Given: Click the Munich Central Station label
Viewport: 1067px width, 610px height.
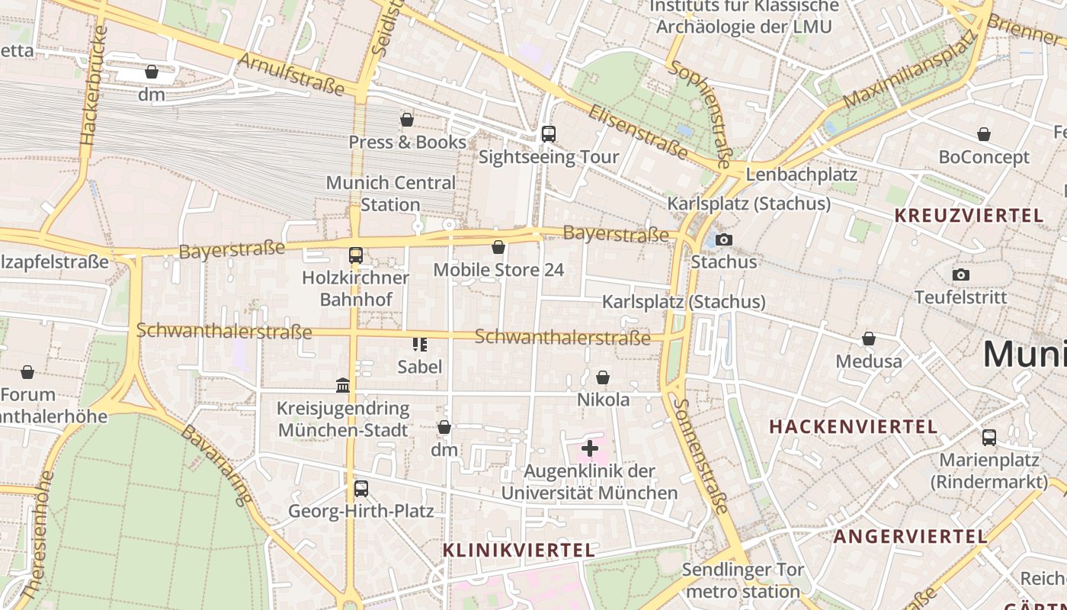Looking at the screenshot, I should click(390, 194).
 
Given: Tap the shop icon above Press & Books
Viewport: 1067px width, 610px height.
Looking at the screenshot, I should click(407, 120).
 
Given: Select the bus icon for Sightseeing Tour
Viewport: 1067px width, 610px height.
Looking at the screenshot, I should click(548, 134).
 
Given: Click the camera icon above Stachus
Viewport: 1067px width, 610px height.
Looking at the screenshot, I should click(724, 239).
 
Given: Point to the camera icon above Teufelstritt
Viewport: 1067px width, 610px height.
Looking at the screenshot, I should click(960, 274).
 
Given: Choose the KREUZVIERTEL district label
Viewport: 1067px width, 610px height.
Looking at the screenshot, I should click(969, 216).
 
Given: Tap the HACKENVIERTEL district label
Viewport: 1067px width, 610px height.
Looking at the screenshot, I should click(853, 426).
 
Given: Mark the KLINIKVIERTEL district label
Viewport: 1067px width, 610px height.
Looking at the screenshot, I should click(518, 550).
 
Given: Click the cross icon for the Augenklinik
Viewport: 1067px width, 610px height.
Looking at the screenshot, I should click(589, 448).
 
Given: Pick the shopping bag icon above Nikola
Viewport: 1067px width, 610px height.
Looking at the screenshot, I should click(603, 377).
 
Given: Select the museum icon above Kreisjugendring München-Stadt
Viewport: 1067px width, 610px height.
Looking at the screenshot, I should click(343, 386).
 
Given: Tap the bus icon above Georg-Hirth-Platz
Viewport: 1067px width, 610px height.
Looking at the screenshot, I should click(360, 488).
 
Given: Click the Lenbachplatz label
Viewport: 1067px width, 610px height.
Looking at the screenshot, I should click(801, 174).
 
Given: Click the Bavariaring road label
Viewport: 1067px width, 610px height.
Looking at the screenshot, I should click(216, 465).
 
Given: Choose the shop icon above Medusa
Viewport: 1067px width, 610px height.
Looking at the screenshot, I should click(868, 339).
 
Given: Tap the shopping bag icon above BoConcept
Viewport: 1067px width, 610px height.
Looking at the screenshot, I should click(984, 134).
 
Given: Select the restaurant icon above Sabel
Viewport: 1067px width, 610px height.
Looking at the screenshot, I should click(419, 345).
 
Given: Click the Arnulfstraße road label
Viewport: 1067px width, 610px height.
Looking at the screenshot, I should click(292, 74).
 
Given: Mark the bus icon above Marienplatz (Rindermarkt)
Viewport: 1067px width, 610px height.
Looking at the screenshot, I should click(988, 438).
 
